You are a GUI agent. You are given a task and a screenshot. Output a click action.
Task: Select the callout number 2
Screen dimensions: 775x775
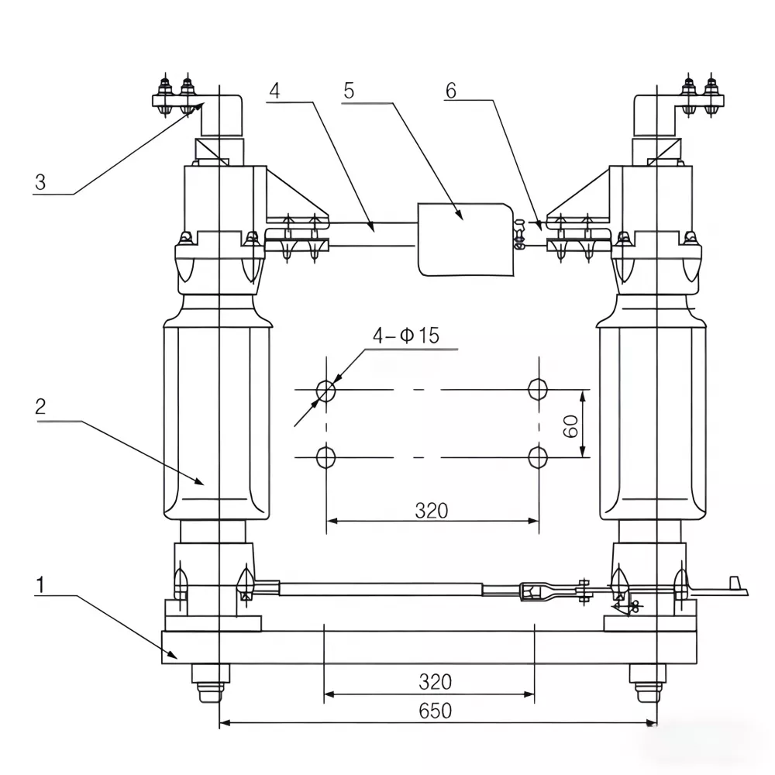point(41,408)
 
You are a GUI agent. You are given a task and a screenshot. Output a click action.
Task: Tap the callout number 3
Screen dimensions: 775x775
point(40,183)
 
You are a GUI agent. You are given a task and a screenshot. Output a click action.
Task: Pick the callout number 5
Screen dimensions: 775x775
point(349,90)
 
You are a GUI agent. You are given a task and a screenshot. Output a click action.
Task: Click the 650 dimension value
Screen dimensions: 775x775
point(435,710)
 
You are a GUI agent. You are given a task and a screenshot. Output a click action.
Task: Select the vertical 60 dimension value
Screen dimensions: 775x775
point(572,425)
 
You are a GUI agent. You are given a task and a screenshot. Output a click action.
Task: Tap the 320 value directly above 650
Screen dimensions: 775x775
point(435,681)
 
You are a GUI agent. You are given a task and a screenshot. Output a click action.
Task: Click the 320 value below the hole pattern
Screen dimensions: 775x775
point(431,510)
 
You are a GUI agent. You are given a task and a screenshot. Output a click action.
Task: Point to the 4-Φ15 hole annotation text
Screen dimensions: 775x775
point(405,336)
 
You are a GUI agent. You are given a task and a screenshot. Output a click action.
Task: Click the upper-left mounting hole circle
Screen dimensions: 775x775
point(327,389)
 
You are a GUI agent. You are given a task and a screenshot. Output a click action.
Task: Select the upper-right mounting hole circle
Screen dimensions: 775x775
point(537,388)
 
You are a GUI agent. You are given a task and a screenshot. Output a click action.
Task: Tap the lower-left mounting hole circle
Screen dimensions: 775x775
point(327,457)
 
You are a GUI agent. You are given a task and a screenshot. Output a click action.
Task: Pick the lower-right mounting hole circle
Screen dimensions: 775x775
point(537,457)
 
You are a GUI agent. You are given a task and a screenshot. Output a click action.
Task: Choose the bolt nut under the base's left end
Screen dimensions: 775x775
point(210,682)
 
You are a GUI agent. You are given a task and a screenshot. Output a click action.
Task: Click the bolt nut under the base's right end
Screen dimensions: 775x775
point(645,682)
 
